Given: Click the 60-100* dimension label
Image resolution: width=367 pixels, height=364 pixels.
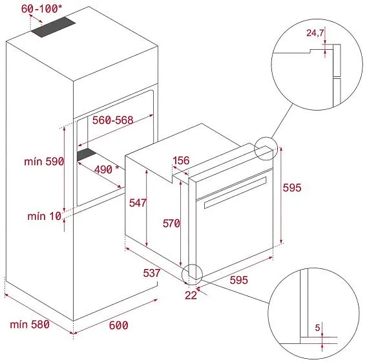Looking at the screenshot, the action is [x=42, y=8].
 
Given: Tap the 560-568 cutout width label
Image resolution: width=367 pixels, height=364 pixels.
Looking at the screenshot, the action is [x=112, y=120].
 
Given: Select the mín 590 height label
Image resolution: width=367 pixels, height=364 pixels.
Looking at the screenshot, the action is [x=44, y=162].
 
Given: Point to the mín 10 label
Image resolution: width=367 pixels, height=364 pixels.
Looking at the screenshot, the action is [x=45, y=216].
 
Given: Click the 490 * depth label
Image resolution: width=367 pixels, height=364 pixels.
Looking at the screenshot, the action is [x=107, y=169].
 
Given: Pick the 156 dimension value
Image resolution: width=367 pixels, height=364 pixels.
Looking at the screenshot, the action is [x=181, y=160].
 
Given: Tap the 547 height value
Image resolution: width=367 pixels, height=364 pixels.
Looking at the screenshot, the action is [x=138, y=203].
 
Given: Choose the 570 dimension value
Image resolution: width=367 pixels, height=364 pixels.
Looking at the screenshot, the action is [x=171, y=223].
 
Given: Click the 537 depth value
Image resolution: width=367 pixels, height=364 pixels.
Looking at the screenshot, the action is [x=152, y=273].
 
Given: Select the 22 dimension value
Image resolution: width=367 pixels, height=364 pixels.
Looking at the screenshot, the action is [x=191, y=295].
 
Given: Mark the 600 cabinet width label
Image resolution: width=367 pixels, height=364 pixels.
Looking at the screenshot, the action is [x=119, y=325].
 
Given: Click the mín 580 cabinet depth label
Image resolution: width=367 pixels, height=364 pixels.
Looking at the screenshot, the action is [x=30, y=325].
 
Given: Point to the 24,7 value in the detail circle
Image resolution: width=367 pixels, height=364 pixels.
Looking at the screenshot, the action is [x=315, y=33].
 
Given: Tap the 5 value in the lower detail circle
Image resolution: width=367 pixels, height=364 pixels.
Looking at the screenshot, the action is [x=317, y=327].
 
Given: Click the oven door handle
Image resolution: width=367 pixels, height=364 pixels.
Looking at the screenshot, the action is [x=235, y=193].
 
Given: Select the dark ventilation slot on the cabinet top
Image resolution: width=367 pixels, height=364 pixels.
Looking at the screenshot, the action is [x=54, y=27].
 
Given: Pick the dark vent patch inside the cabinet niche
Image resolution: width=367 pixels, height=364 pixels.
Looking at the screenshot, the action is [x=87, y=155].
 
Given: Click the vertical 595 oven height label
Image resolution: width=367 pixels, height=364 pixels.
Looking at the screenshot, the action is [x=292, y=187].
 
